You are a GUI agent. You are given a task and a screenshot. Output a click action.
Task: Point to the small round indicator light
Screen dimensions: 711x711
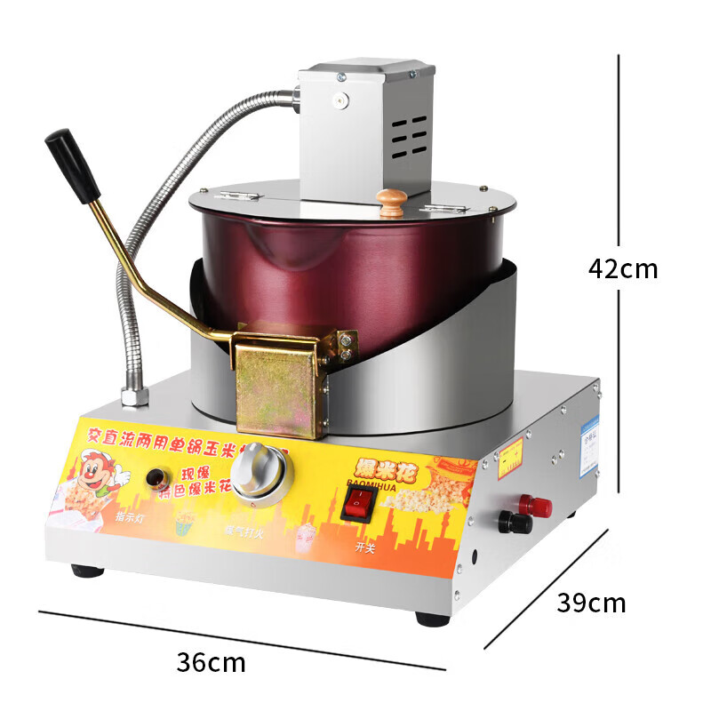tap(158, 475)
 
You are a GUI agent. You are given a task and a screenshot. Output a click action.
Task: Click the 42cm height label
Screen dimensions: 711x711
tap(623, 268)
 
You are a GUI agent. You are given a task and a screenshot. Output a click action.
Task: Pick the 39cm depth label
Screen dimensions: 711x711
tap(591, 603)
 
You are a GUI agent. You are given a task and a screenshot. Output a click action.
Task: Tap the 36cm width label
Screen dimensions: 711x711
tap(211, 662)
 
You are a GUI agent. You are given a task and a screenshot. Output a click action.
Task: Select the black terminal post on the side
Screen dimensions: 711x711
tap(515, 523)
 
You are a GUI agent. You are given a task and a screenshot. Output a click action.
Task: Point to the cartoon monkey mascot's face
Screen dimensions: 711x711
tap(98, 467)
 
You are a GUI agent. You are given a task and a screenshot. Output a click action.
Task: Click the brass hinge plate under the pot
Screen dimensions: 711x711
tap(277, 391)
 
